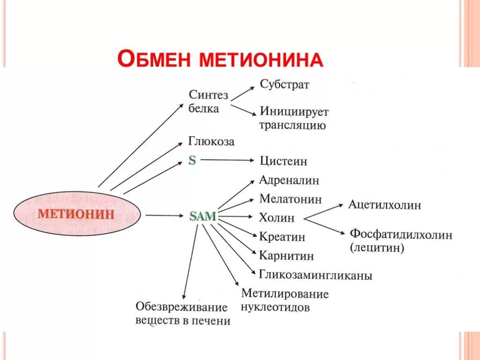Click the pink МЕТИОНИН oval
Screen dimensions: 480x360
pyautogui.click(x=77, y=214)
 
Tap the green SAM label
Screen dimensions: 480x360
pyautogui.click(x=203, y=216)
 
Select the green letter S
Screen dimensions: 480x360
pyautogui.click(x=192, y=160)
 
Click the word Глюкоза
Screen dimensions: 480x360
pyautogui.click(x=211, y=141)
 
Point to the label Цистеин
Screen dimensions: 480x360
pyautogui.click(x=284, y=161)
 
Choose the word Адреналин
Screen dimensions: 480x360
pyautogui.click(x=289, y=180)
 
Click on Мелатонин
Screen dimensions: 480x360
pyautogui.click(x=291, y=199)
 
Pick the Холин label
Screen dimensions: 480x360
pyautogui.click(x=277, y=217)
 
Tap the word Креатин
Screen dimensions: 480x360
pyautogui.click(x=282, y=237)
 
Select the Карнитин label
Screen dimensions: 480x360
pyautogui.click(x=286, y=256)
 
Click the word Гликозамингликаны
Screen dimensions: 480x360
pyautogui.click(x=315, y=276)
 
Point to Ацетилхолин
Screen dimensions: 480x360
pyautogui.click(x=384, y=205)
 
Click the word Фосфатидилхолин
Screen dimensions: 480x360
pyautogui.click(x=401, y=235)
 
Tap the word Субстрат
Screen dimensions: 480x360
pyautogui.click(x=285, y=85)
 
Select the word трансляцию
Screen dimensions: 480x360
pyautogui.click(x=292, y=126)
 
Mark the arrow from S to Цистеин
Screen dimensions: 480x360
pyautogui.click(x=227, y=160)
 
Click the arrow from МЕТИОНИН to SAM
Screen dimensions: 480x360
pyautogui.click(x=164, y=216)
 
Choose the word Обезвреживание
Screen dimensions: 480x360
pyautogui.click(x=181, y=307)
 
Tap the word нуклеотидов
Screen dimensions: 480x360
pyautogui.click(x=275, y=308)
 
